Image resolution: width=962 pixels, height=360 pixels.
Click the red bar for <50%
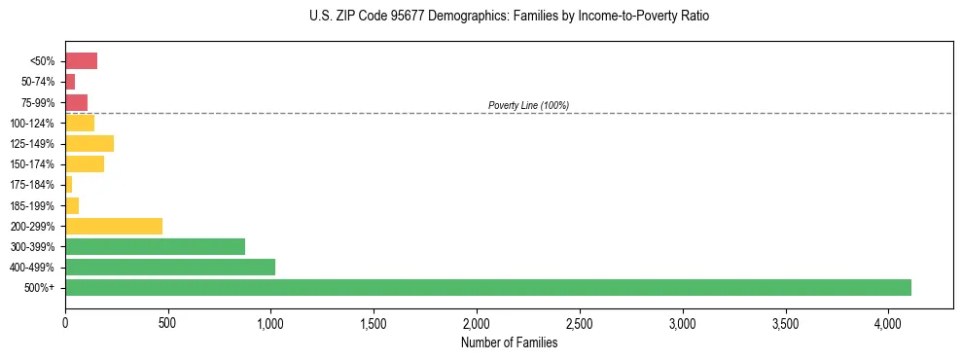click(x=81, y=61)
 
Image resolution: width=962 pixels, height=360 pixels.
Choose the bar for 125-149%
click(x=89, y=143)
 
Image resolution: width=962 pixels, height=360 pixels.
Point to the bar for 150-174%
click(x=85, y=163)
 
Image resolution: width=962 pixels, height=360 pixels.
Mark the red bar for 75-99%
click(x=76, y=102)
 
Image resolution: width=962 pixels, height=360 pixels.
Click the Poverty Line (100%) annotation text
click(x=528, y=105)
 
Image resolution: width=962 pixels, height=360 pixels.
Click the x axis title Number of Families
click(x=509, y=342)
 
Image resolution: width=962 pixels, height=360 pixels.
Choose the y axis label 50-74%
click(x=37, y=82)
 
